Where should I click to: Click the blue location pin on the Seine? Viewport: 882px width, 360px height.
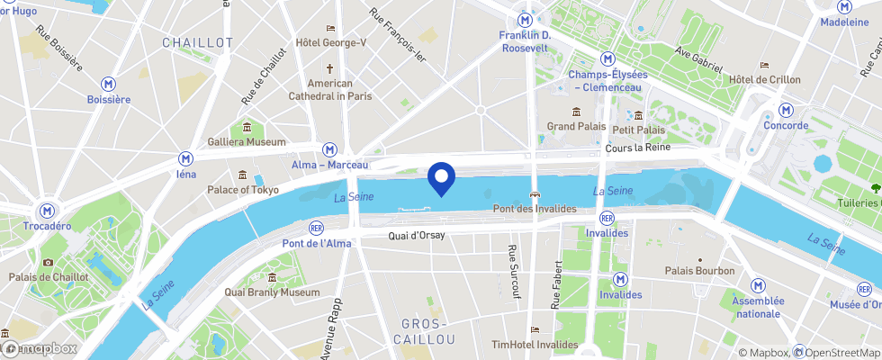tap(441, 177)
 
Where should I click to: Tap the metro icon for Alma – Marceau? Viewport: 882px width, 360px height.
tap(330, 149)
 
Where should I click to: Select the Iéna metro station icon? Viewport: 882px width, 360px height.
tap(186, 157)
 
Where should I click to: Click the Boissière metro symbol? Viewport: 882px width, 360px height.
tap(109, 83)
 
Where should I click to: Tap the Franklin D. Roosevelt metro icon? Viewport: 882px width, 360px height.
tap(524, 20)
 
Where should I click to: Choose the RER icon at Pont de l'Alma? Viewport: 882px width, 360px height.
tap(316, 228)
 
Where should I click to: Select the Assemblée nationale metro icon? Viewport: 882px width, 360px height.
tap(758, 284)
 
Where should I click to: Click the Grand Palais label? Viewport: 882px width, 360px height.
tap(577, 127)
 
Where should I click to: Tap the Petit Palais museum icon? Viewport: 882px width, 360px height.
tap(638, 115)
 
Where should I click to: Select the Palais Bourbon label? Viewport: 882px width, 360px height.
tap(699, 271)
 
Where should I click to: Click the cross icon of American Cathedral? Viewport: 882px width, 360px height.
tap(329, 68)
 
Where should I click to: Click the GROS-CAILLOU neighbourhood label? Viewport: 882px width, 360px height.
tap(424, 331)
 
